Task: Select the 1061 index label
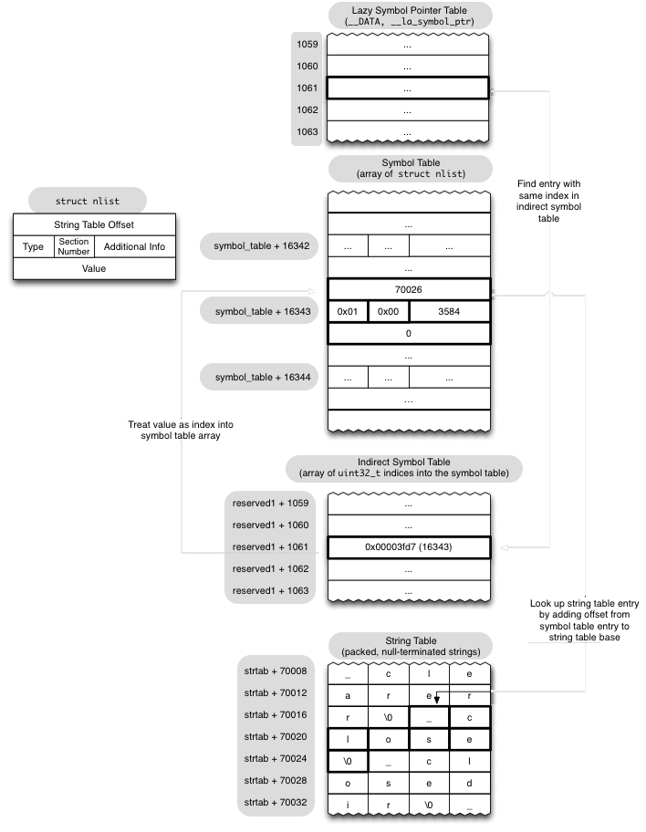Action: pos(307,88)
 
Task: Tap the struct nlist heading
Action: pos(88,201)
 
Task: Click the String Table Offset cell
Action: pos(93,224)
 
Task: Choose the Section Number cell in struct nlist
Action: pos(73,246)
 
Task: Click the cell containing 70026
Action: pos(408,289)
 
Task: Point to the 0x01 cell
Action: pos(348,311)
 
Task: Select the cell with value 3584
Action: pos(449,311)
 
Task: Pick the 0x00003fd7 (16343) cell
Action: pos(408,546)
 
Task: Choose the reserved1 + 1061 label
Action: pos(271,546)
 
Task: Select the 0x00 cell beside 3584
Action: pos(389,311)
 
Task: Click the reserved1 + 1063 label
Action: pos(271,590)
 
